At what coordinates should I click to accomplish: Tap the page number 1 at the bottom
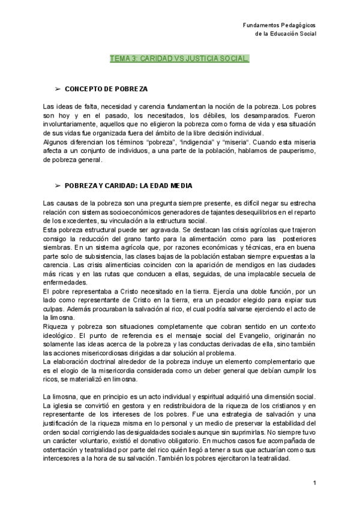coord(314,483)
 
